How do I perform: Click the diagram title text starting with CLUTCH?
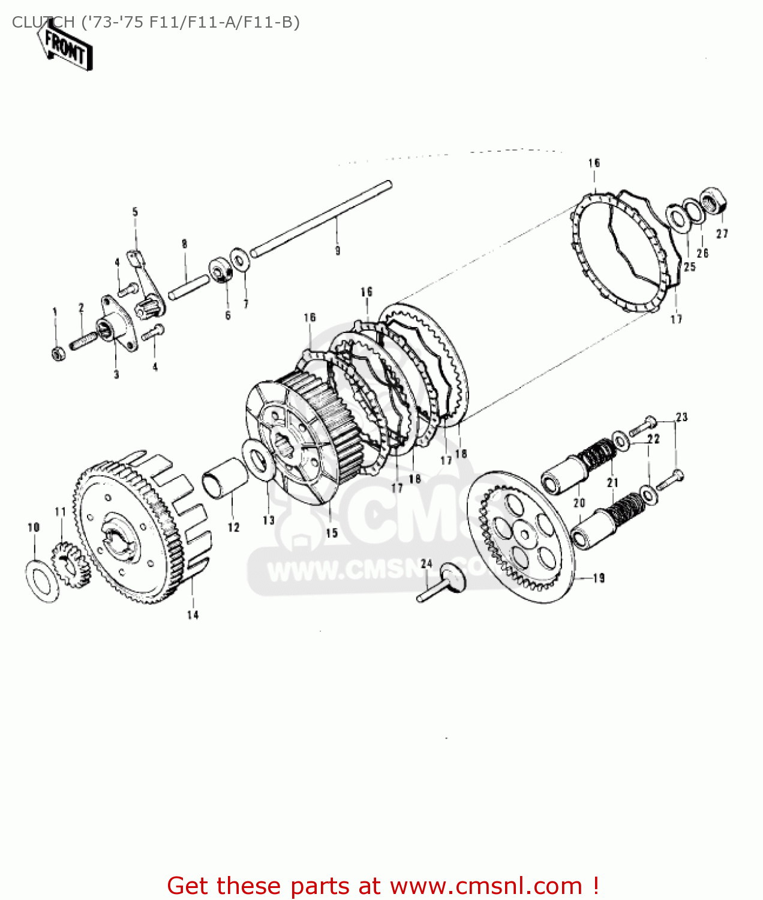[155, 22]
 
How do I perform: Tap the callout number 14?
[193, 614]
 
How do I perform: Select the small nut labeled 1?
[58, 353]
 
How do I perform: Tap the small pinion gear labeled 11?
[68, 564]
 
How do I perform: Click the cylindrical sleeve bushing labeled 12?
[226, 478]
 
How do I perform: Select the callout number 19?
[599, 578]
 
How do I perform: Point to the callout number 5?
[135, 212]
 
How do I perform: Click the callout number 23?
[681, 417]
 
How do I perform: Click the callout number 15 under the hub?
[332, 533]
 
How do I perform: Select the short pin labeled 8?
[188, 286]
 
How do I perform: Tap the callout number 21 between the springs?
[612, 482]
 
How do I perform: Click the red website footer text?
[383, 886]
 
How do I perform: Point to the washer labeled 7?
[241, 261]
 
